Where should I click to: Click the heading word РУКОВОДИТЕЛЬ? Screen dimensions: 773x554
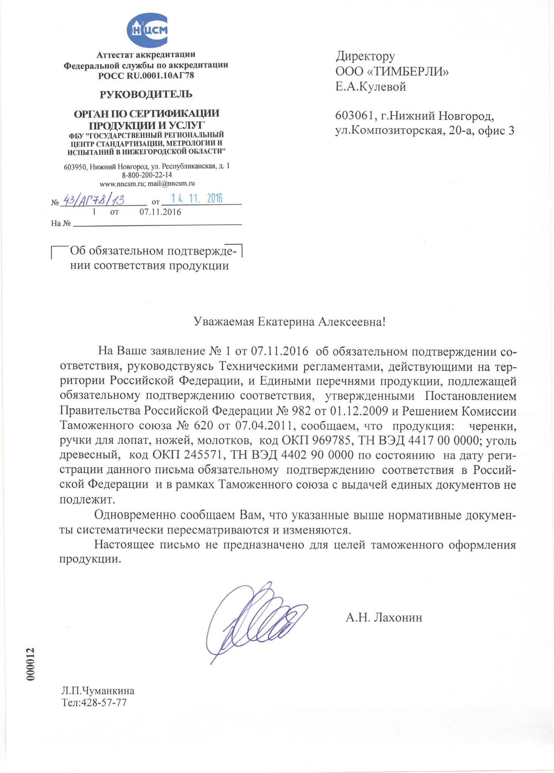coord(146,94)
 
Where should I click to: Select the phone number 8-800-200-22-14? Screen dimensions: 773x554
coord(147,175)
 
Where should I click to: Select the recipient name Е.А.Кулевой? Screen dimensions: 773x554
coord(371,87)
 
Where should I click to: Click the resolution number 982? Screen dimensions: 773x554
coord(298,410)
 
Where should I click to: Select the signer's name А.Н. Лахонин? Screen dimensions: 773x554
coord(383,617)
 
